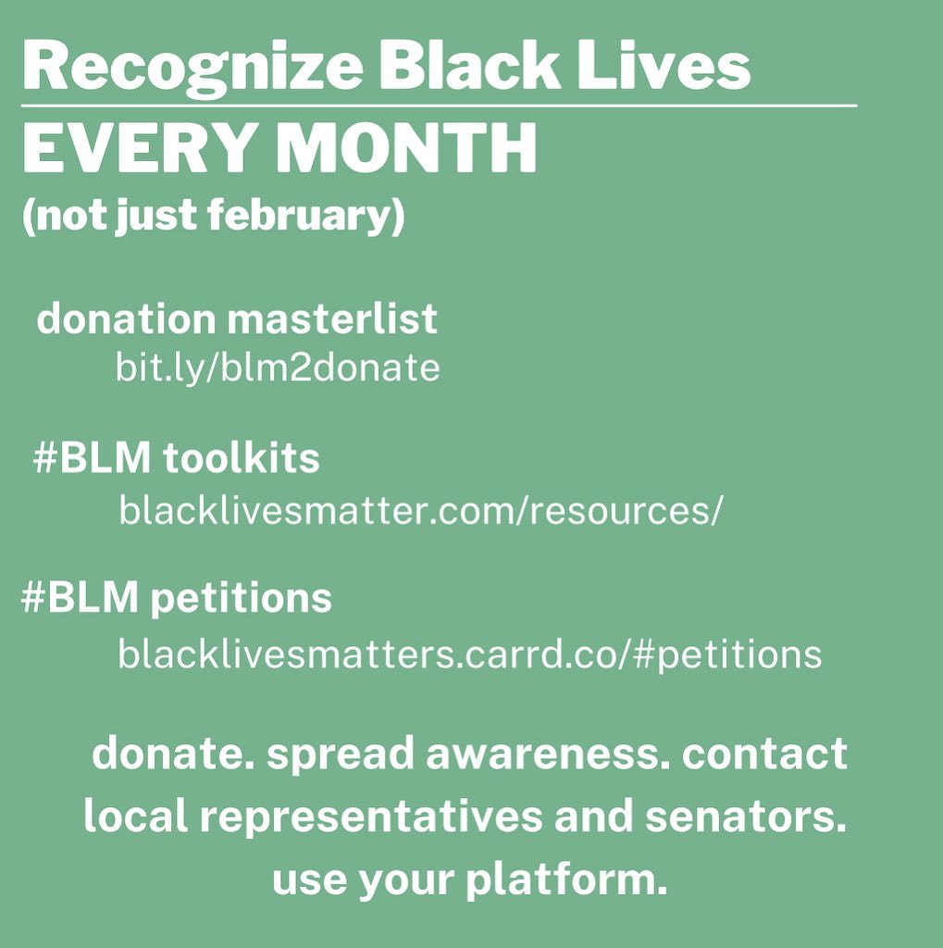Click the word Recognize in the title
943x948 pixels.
tap(192, 68)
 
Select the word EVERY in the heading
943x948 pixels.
tap(137, 147)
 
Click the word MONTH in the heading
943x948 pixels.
tap(406, 147)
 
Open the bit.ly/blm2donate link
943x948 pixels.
tap(278, 368)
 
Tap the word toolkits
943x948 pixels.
tap(241, 457)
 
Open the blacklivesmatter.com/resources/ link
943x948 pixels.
tap(421, 510)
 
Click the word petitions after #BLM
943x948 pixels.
tap(241, 598)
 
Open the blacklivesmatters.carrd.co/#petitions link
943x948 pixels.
tap(470, 655)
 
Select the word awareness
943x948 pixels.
tap(548, 754)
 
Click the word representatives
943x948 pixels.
tap(371, 817)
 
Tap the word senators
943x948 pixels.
tap(745, 817)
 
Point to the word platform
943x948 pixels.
tap(566, 879)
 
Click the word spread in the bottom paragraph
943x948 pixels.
tap(340, 755)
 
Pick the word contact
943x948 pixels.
tap(764, 754)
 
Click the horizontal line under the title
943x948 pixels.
tap(439, 106)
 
